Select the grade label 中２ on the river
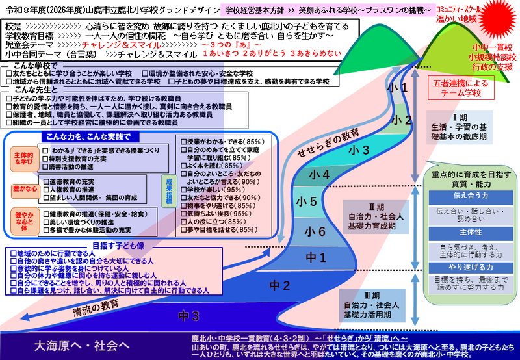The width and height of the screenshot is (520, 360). coord(279,285)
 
